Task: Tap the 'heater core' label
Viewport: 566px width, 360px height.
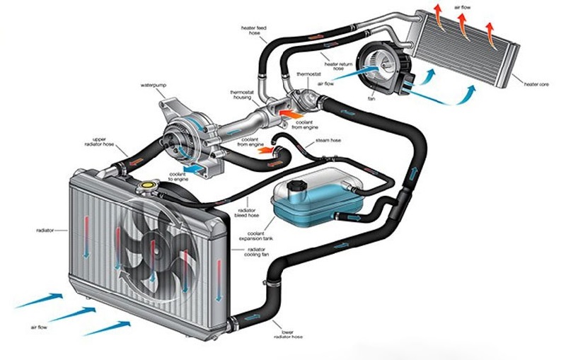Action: pyautogui.click(x=537, y=84)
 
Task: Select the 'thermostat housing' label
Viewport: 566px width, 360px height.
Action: pyautogui.click(x=243, y=95)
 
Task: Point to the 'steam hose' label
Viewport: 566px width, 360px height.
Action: pyautogui.click(x=327, y=141)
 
